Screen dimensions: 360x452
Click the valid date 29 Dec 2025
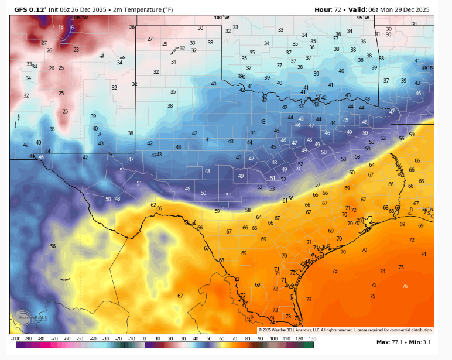(x=408, y=9)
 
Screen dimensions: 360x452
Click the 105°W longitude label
(x=81, y=18)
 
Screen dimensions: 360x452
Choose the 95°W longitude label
(x=363, y=18)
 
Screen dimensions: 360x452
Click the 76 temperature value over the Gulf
(x=405, y=286)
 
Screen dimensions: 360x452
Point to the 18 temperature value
(x=61, y=27)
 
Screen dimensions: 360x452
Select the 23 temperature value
(x=76, y=50)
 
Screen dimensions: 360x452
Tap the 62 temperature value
(x=153, y=205)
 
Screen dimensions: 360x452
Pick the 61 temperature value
(x=285, y=200)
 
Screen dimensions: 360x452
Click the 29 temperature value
(x=165, y=44)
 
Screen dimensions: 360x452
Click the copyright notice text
(x=345, y=330)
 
